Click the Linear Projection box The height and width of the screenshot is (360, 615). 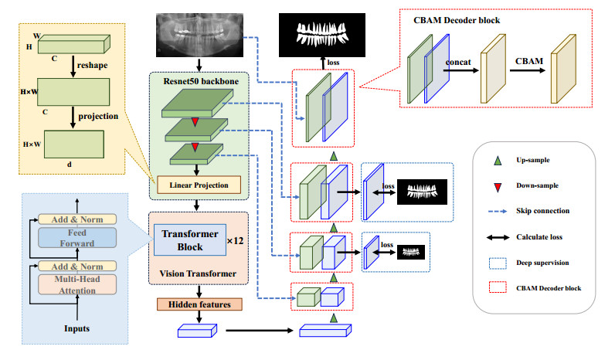[x=199, y=185]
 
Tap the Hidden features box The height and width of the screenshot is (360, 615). [x=199, y=304]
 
